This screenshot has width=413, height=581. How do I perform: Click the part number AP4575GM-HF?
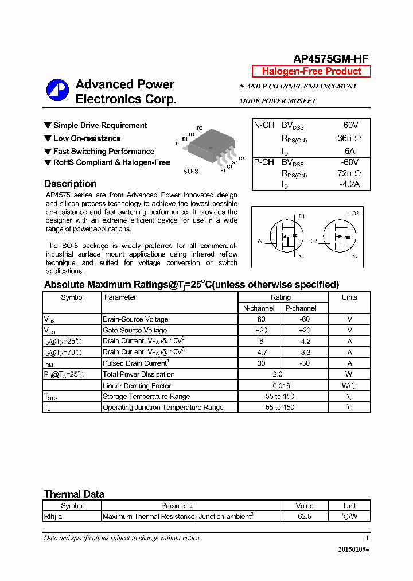[330, 59]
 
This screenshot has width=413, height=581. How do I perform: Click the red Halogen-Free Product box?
[311, 71]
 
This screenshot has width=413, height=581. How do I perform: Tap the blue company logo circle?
[57, 91]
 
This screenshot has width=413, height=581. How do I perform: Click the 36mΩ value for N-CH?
[349, 138]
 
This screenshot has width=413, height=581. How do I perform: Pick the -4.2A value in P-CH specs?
[349, 184]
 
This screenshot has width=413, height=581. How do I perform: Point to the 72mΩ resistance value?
[349, 173]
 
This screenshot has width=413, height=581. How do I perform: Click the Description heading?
[70, 184]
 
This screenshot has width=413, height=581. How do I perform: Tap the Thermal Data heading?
[74, 494]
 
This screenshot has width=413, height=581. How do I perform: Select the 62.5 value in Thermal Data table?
[304, 517]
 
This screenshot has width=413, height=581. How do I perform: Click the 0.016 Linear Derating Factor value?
[281, 386]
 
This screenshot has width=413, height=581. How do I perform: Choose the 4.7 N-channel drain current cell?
[261, 352]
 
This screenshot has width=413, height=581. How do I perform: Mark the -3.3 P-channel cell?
[306, 352]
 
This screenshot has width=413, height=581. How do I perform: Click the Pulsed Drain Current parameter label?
[136, 363]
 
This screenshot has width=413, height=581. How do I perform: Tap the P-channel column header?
[301, 308]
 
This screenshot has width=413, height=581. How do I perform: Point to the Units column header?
[349, 297]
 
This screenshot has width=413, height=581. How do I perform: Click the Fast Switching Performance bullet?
[103, 151]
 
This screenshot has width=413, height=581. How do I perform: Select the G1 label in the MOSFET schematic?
[262, 242]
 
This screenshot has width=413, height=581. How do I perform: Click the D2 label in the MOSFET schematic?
[354, 214]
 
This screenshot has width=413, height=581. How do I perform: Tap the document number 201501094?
[354, 549]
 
